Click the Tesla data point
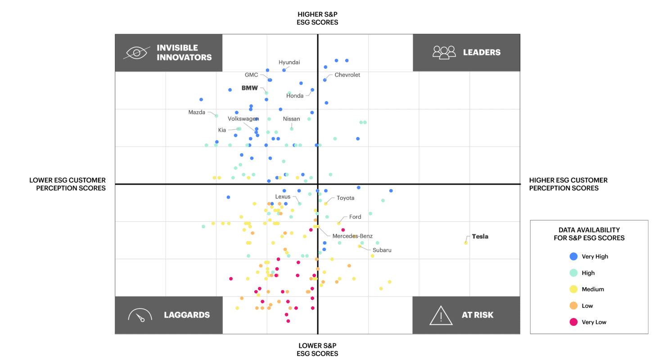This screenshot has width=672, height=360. pos(466,243)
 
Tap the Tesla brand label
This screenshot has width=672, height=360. pos(480,237)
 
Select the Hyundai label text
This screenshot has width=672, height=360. pos(289,63)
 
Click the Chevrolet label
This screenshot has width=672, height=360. pos(347,75)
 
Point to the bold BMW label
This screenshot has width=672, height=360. pos(250,88)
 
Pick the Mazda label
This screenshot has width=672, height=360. pos(197,112)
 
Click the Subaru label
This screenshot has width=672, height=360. pos(382,250)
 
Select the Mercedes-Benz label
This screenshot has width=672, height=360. pos(352,236)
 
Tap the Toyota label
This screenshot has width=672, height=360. pos(346,198)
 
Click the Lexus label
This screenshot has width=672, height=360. pos(283,197)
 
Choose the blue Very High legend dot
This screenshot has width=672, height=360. pos(573,256)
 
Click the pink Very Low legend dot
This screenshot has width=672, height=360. pos(573,322)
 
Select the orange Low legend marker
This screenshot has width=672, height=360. pos(573,306)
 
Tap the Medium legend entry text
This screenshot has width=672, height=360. pos(593,289)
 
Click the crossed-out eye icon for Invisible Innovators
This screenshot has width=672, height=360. pos(136,53)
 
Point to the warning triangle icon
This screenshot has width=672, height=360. pos(441,315)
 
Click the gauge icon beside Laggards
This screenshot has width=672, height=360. pos(138,315)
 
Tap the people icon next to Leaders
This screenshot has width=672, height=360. pos(444,53)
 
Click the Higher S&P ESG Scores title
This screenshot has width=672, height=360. pos(317,18)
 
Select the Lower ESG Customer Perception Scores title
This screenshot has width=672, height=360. pos(68,184)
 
